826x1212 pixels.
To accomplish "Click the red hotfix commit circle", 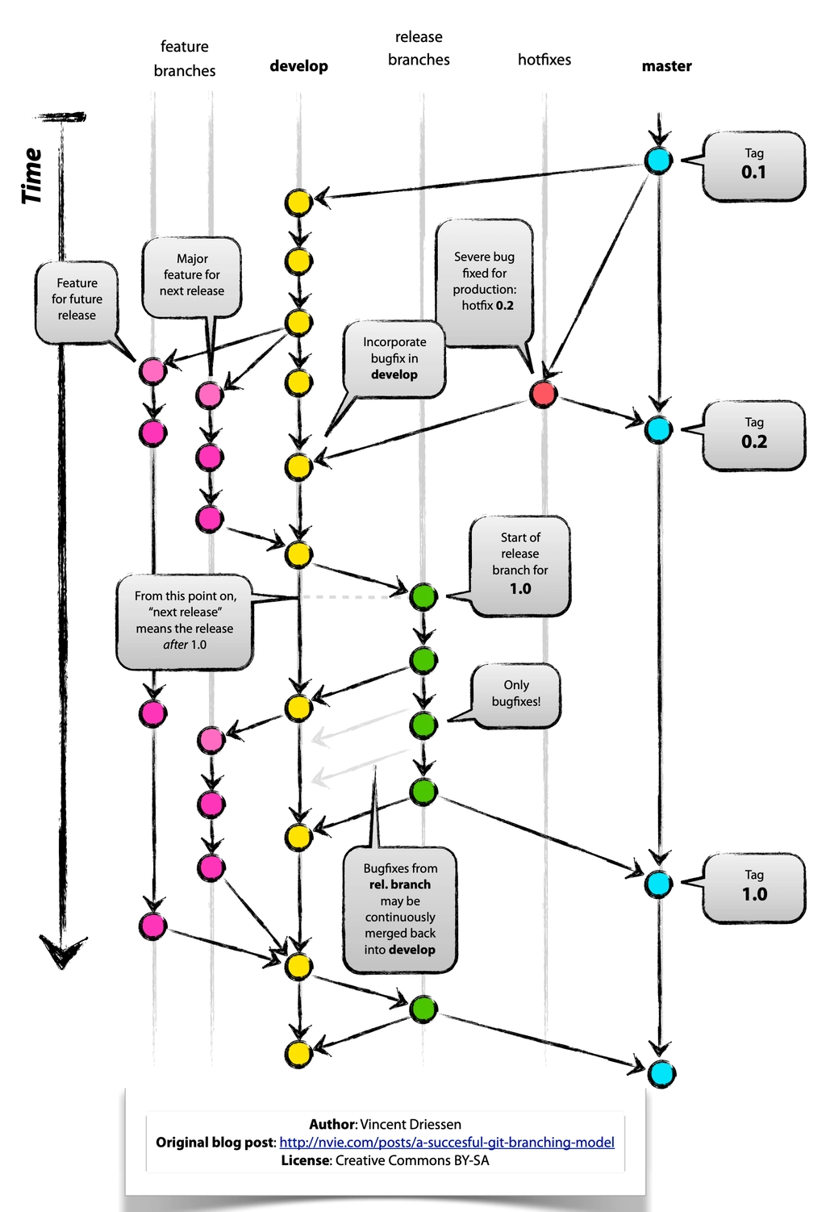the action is [543, 394].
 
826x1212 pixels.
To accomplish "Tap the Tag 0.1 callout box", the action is [753, 166].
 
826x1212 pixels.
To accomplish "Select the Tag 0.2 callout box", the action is [753, 435].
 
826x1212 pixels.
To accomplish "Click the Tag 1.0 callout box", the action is [753, 888].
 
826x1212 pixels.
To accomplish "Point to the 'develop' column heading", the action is [298, 66].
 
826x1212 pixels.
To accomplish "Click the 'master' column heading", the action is [666, 66].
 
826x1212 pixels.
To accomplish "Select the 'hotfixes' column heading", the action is [544, 60].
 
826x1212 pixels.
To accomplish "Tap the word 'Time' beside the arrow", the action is [32, 176].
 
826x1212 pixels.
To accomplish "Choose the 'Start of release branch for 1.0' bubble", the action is [520, 566].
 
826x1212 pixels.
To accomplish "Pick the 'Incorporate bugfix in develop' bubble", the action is [394, 359].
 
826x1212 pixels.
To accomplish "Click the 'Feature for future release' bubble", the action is [77, 302].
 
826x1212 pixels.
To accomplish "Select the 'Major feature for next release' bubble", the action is [191, 276].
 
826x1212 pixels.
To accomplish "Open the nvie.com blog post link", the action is [447, 1142].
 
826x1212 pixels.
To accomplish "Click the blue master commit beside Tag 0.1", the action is [658, 161].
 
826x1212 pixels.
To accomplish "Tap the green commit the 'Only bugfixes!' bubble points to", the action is [423, 725].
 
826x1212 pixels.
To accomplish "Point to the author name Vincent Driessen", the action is [411, 1124].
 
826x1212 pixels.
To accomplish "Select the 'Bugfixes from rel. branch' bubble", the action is [400, 909].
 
